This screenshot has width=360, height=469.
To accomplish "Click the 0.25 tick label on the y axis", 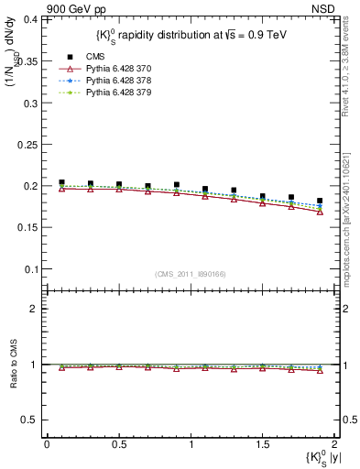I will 27,144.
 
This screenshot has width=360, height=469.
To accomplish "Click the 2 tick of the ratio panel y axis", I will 34,309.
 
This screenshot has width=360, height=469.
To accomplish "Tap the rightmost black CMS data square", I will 320,201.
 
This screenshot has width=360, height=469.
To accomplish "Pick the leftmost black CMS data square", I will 61,183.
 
